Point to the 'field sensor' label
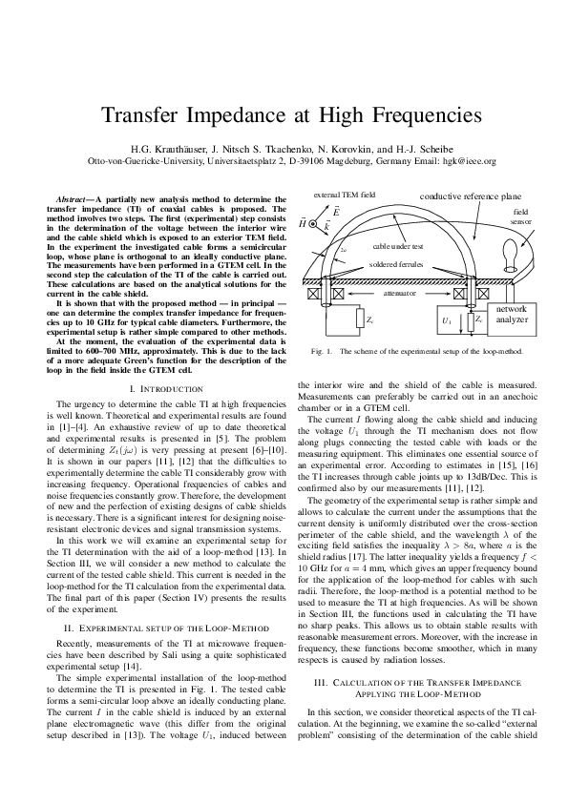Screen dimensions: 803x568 click(520, 216)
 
